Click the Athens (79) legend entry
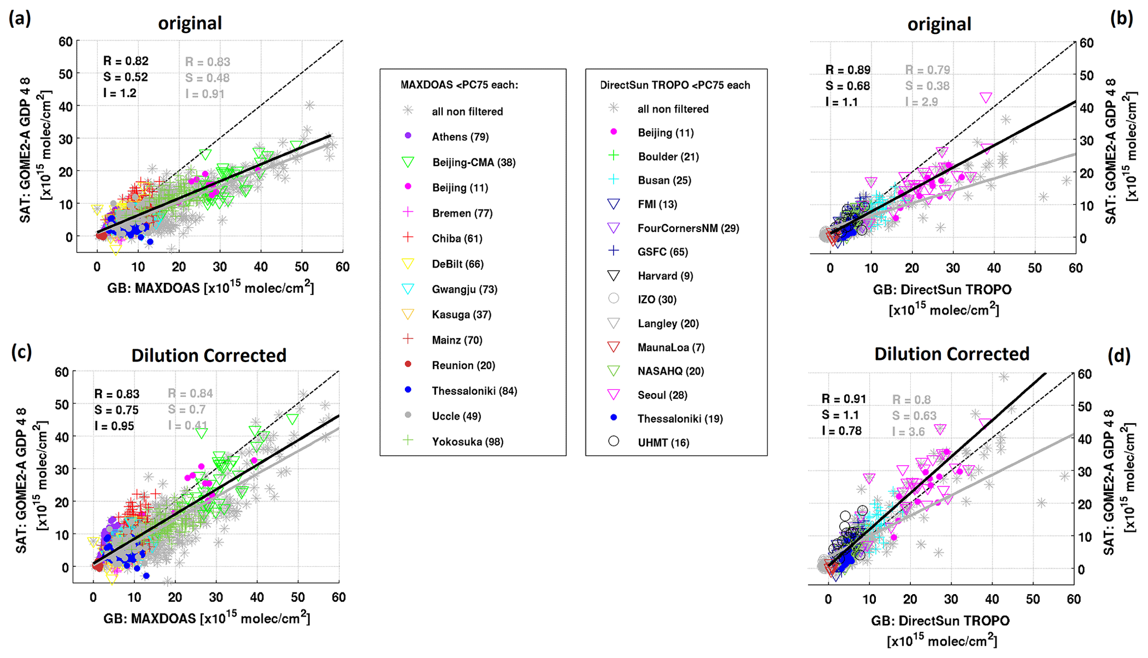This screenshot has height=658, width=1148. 460,137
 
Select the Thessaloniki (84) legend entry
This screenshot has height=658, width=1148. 474,391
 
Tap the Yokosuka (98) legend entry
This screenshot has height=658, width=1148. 467,441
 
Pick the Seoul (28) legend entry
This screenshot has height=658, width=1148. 662,395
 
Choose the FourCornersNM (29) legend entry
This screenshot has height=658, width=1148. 688,228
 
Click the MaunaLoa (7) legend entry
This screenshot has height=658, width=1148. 670,348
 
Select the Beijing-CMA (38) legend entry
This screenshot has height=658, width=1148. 473,162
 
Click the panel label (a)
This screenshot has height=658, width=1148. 19,19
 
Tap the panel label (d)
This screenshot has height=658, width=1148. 1119,356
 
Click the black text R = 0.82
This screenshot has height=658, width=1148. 126,61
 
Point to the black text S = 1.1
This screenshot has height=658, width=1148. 840,415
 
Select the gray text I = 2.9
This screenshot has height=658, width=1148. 921,102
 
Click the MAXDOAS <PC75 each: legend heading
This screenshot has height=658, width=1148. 459,85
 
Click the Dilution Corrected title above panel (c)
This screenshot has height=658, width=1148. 209,355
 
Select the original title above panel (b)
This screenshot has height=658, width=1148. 939,24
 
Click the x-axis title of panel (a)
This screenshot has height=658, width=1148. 210,288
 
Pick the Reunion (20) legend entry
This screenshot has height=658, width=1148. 463,365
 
